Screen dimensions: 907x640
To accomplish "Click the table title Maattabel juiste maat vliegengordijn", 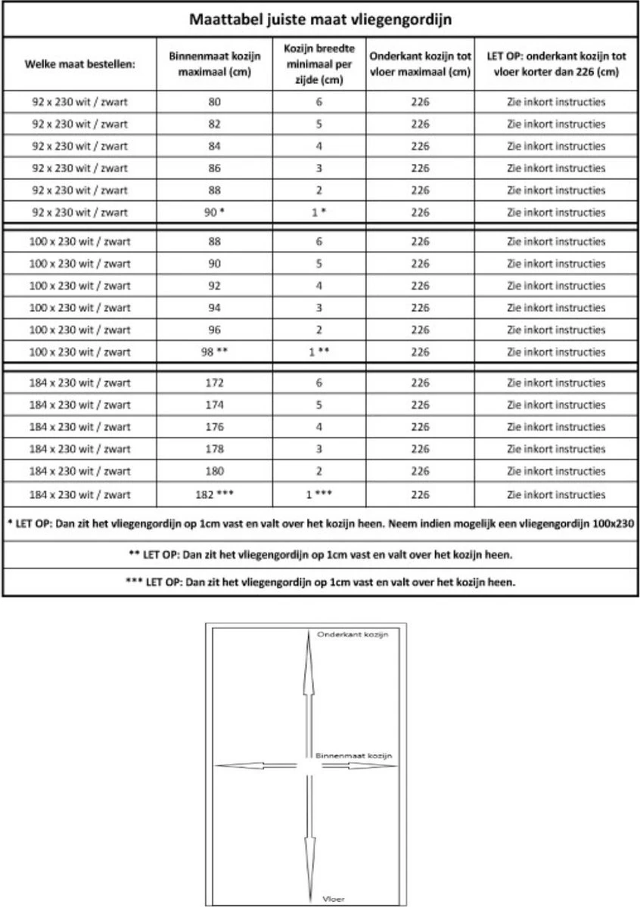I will [320, 19].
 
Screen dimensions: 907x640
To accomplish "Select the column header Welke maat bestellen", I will [79, 64].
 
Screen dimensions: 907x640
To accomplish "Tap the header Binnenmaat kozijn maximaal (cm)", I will [215, 64].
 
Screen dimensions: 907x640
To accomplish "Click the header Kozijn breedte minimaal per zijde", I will [318, 63].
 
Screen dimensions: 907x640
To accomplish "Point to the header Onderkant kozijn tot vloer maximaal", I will [420, 64].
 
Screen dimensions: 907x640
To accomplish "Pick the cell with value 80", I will [215, 101].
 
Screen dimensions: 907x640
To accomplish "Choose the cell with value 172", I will [215, 383].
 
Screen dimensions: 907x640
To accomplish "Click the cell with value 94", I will [215, 308].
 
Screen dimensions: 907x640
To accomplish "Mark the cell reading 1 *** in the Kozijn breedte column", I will [318, 495].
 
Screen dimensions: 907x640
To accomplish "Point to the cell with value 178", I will [215, 450].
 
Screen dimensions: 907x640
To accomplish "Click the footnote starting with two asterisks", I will [320, 554].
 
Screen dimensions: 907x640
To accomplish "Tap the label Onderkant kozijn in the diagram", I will [353, 635].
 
